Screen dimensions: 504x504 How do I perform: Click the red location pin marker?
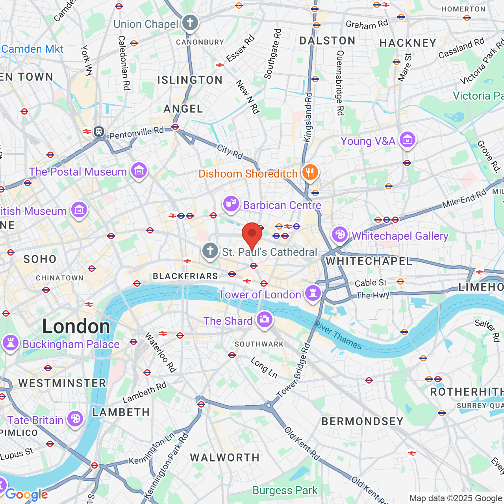(x=252, y=235)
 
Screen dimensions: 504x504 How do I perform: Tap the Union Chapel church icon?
(x=190, y=23)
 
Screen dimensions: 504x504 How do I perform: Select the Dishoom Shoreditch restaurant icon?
(x=310, y=173)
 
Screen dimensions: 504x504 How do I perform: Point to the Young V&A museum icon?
(x=407, y=140)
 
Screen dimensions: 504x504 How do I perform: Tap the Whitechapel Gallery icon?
(x=339, y=235)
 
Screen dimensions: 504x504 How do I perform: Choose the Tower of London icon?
(x=313, y=293)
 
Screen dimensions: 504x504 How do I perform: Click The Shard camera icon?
(x=264, y=320)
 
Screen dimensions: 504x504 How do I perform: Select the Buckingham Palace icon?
(x=11, y=343)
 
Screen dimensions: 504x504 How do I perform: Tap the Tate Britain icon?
(x=75, y=419)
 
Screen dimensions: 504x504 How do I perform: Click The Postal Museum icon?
(x=139, y=171)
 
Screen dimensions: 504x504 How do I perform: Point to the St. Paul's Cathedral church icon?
(x=210, y=251)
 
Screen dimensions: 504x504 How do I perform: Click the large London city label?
(x=76, y=326)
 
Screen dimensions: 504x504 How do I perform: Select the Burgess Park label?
(x=285, y=491)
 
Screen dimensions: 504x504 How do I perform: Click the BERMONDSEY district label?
(x=362, y=421)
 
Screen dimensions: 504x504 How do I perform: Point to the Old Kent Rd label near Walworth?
(x=302, y=443)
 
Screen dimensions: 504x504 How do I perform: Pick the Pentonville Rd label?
(x=136, y=133)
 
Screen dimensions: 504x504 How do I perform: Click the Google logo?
(x=26, y=495)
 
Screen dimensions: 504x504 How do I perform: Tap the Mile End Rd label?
(x=464, y=199)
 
